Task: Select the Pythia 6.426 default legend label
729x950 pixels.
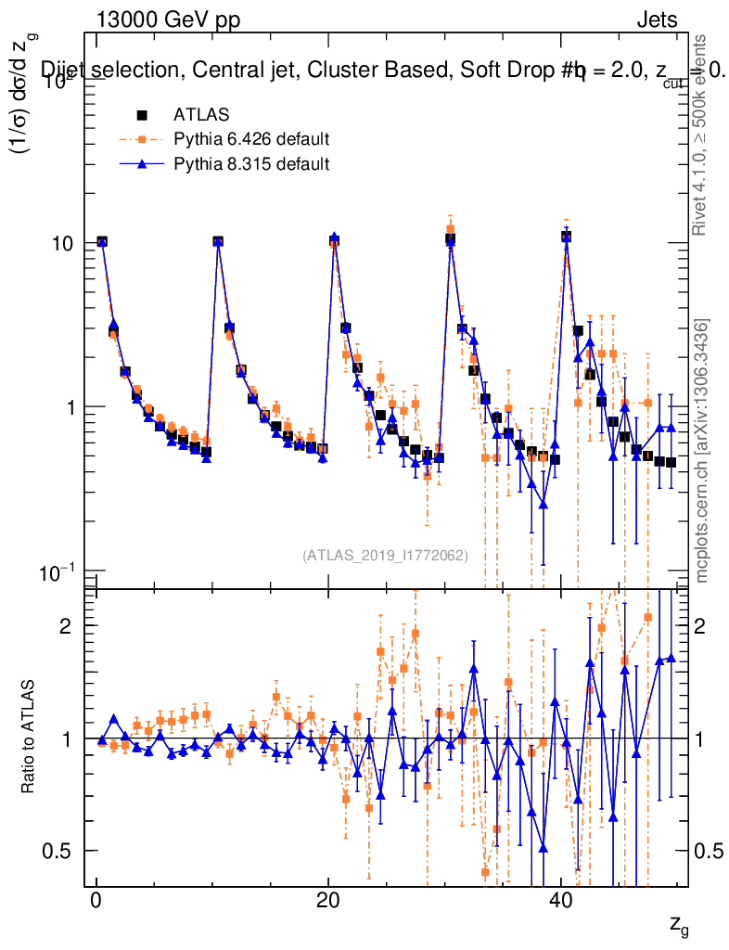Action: tap(251, 140)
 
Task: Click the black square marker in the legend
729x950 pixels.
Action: tap(143, 115)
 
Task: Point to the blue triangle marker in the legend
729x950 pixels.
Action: tap(143, 164)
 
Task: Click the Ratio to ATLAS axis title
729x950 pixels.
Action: tap(30, 737)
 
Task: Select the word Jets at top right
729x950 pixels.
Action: tap(656, 20)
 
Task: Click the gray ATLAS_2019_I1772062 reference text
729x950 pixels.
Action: tap(385, 555)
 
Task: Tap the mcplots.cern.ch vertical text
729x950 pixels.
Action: tap(702, 451)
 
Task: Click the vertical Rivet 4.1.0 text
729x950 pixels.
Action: tap(702, 135)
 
